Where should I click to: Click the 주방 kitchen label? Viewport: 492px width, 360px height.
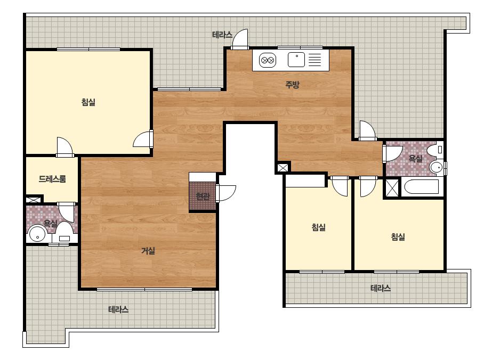click(x=293, y=84)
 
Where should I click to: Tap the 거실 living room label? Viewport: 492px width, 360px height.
click(x=148, y=251)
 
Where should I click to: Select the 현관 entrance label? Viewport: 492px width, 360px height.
click(x=203, y=197)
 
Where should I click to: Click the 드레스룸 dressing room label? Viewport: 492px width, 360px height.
click(x=52, y=179)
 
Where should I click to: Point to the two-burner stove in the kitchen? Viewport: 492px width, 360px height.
click(x=268, y=60)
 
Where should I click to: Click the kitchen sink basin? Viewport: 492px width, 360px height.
click(x=296, y=60)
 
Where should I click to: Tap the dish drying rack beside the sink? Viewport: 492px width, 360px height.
click(x=314, y=60)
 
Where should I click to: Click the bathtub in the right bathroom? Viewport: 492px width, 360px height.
click(x=422, y=187)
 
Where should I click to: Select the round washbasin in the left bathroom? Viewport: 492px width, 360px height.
click(x=38, y=234)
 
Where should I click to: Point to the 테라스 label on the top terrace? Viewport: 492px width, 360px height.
click(x=222, y=35)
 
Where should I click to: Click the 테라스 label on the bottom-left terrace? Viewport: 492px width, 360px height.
click(x=118, y=309)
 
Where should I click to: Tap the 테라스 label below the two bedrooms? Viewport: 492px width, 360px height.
click(x=381, y=288)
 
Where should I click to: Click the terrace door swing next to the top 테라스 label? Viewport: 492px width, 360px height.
click(x=240, y=38)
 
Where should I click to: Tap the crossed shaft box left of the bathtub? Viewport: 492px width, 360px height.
click(x=392, y=187)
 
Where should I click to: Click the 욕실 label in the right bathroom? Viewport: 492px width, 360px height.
click(x=415, y=158)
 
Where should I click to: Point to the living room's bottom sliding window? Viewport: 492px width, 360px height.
click(x=144, y=289)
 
